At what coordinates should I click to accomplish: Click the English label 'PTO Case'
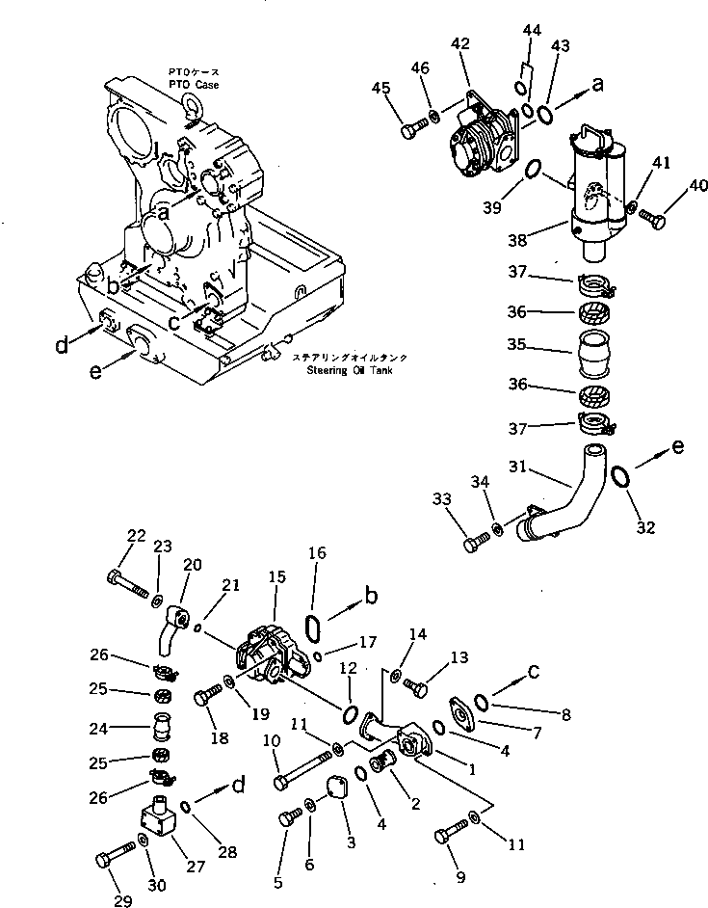196,85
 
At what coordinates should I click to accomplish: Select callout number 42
460,43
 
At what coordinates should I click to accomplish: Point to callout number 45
382,89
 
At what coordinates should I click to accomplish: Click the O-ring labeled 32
621,476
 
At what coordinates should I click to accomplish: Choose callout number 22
136,537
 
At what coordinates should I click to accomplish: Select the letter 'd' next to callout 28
237,785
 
